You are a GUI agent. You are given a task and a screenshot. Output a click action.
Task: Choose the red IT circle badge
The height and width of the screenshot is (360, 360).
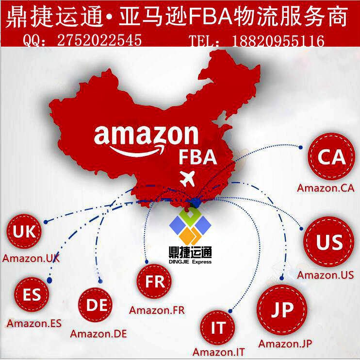tap(217, 327)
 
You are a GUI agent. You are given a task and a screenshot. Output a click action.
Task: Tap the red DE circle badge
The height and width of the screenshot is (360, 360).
tap(98, 306)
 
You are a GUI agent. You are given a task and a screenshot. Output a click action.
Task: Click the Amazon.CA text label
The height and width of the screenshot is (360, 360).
tap(326, 187)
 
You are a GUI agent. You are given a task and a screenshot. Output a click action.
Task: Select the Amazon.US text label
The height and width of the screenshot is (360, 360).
tap(326, 275)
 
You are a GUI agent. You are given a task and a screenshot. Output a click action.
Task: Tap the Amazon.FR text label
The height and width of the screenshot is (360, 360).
tap(157, 309)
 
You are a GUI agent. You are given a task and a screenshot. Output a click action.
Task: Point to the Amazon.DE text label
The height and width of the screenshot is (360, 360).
tap(98, 334)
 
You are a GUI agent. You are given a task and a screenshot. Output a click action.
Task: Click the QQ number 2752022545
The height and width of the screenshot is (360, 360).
tap(99, 40)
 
